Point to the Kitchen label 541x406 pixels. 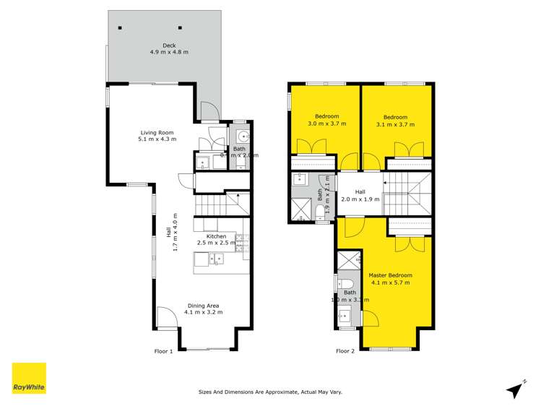click(x=216, y=240)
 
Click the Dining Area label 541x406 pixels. click(x=203, y=308)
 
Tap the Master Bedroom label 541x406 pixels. click(x=390, y=279)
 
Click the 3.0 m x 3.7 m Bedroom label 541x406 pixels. click(x=325, y=121)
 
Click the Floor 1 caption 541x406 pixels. click(x=163, y=352)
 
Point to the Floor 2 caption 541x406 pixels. click(x=345, y=352)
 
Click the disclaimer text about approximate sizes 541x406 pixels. click(x=270, y=392)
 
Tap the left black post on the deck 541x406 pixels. click(x=121, y=28)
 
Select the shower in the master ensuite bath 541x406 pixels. click(x=348, y=261)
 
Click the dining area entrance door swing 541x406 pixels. click(x=166, y=318)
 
